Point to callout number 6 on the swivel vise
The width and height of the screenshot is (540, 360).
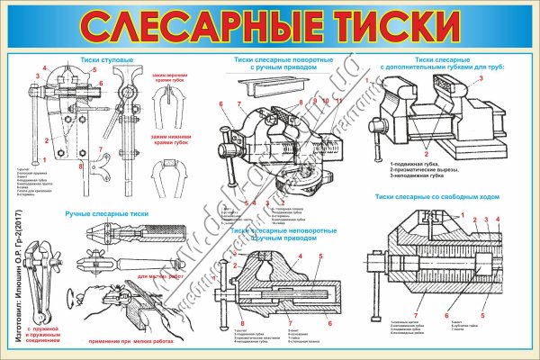click(x=219, y=105)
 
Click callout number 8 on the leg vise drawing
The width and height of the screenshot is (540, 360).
click(x=80, y=166)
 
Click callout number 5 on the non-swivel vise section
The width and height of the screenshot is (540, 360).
click(x=319, y=256)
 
